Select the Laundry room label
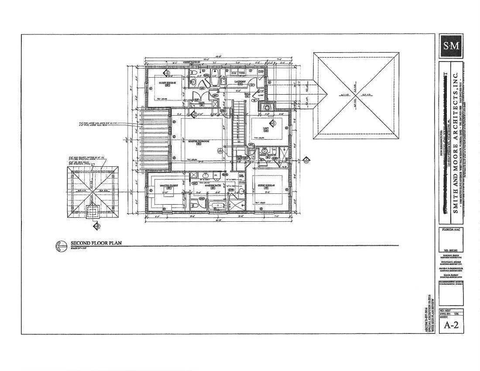tap(240, 82)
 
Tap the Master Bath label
tap(213, 186)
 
